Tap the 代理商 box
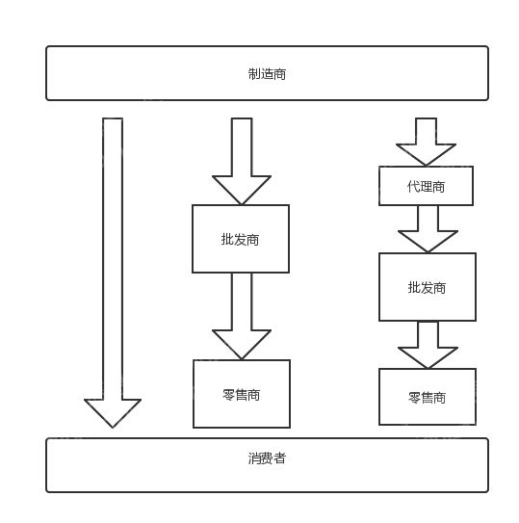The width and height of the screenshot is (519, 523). (x=426, y=186)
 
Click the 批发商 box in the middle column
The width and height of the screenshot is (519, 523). (x=241, y=239)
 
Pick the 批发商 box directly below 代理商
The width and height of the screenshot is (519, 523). (x=427, y=287)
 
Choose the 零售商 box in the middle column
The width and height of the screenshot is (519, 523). (x=241, y=394)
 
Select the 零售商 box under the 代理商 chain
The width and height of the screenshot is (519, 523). (x=427, y=397)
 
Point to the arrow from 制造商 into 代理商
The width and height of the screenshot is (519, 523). (x=426, y=141)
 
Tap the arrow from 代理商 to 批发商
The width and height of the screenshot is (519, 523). (x=427, y=227)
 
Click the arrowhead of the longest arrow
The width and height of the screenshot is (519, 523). (x=113, y=412)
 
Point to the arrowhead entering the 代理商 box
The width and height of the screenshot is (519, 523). (x=426, y=154)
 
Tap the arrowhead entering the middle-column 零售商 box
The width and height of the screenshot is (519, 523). (x=242, y=344)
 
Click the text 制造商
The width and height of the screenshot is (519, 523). (x=267, y=73)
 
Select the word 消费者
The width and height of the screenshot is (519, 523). (x=267, y=458)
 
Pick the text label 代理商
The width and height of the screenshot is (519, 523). (x=426, y=186)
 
